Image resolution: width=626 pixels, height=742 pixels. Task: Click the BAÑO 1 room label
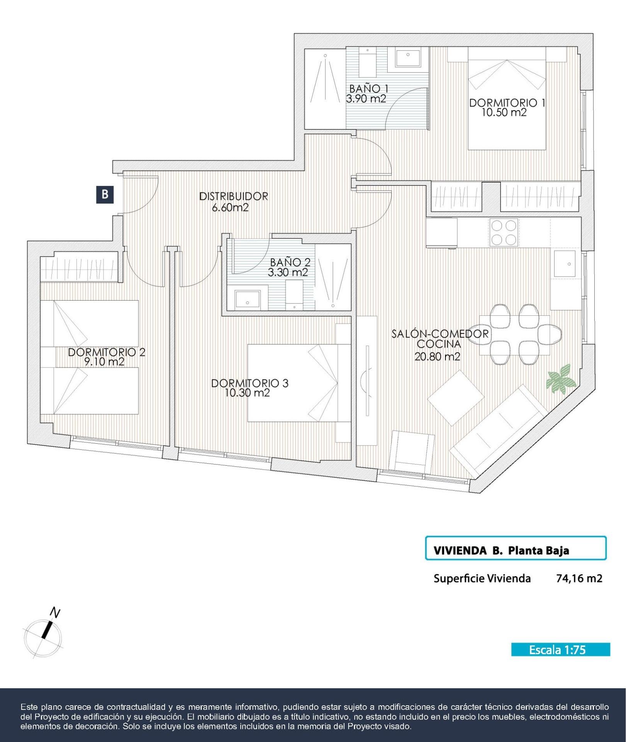pos(369,89)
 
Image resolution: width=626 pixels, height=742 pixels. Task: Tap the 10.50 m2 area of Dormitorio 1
pos(504,112)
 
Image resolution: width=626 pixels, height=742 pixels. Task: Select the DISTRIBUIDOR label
pos(233,196)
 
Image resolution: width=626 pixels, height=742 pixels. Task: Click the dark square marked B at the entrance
pos(105,194)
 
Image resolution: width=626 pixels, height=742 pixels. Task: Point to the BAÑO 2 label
pos(290,263)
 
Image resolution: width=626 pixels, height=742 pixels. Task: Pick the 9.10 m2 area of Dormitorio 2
pos(104,362)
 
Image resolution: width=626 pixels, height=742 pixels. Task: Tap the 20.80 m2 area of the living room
pos(437,357)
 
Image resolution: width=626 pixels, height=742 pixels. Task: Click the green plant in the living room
pos(561,378)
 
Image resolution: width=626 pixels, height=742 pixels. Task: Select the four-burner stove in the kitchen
pos(504,232)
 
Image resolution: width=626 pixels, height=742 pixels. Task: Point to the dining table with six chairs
pos(515,335)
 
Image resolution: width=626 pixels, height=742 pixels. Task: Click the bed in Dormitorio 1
pos(507,99)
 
